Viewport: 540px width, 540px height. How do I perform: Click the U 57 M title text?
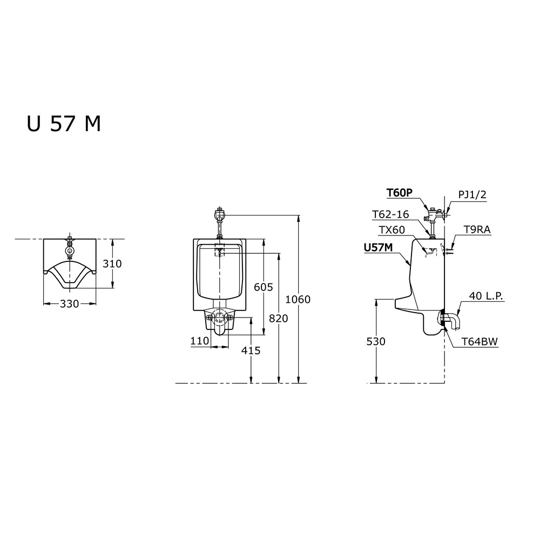pos(64,124)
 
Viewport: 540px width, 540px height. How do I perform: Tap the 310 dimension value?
pos(112,264)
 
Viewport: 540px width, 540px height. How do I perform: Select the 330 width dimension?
pos(70,303)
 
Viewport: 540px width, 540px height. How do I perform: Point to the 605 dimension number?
pos(264,287)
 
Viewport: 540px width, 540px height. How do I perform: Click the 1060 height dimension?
pos(298,299)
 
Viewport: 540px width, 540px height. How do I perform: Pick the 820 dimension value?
pos(279,319)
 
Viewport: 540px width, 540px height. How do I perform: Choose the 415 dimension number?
pos(251,350)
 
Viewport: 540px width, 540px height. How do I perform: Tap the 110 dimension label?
pos(200,341)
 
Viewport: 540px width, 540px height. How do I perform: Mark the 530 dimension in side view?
pos(376,341)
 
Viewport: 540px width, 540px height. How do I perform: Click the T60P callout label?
pos(399,193)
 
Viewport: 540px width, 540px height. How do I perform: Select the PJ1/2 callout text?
pos(472,194)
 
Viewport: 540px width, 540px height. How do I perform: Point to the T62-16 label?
pos(390,214)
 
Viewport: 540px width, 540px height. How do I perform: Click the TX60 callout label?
pos(392,230)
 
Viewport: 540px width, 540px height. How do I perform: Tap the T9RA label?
pos(477,230)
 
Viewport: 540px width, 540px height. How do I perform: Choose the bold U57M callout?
pos(379,247)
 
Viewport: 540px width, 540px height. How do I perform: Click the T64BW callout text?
pos(480,341)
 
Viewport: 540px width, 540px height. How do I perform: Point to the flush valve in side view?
pos(435,215)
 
